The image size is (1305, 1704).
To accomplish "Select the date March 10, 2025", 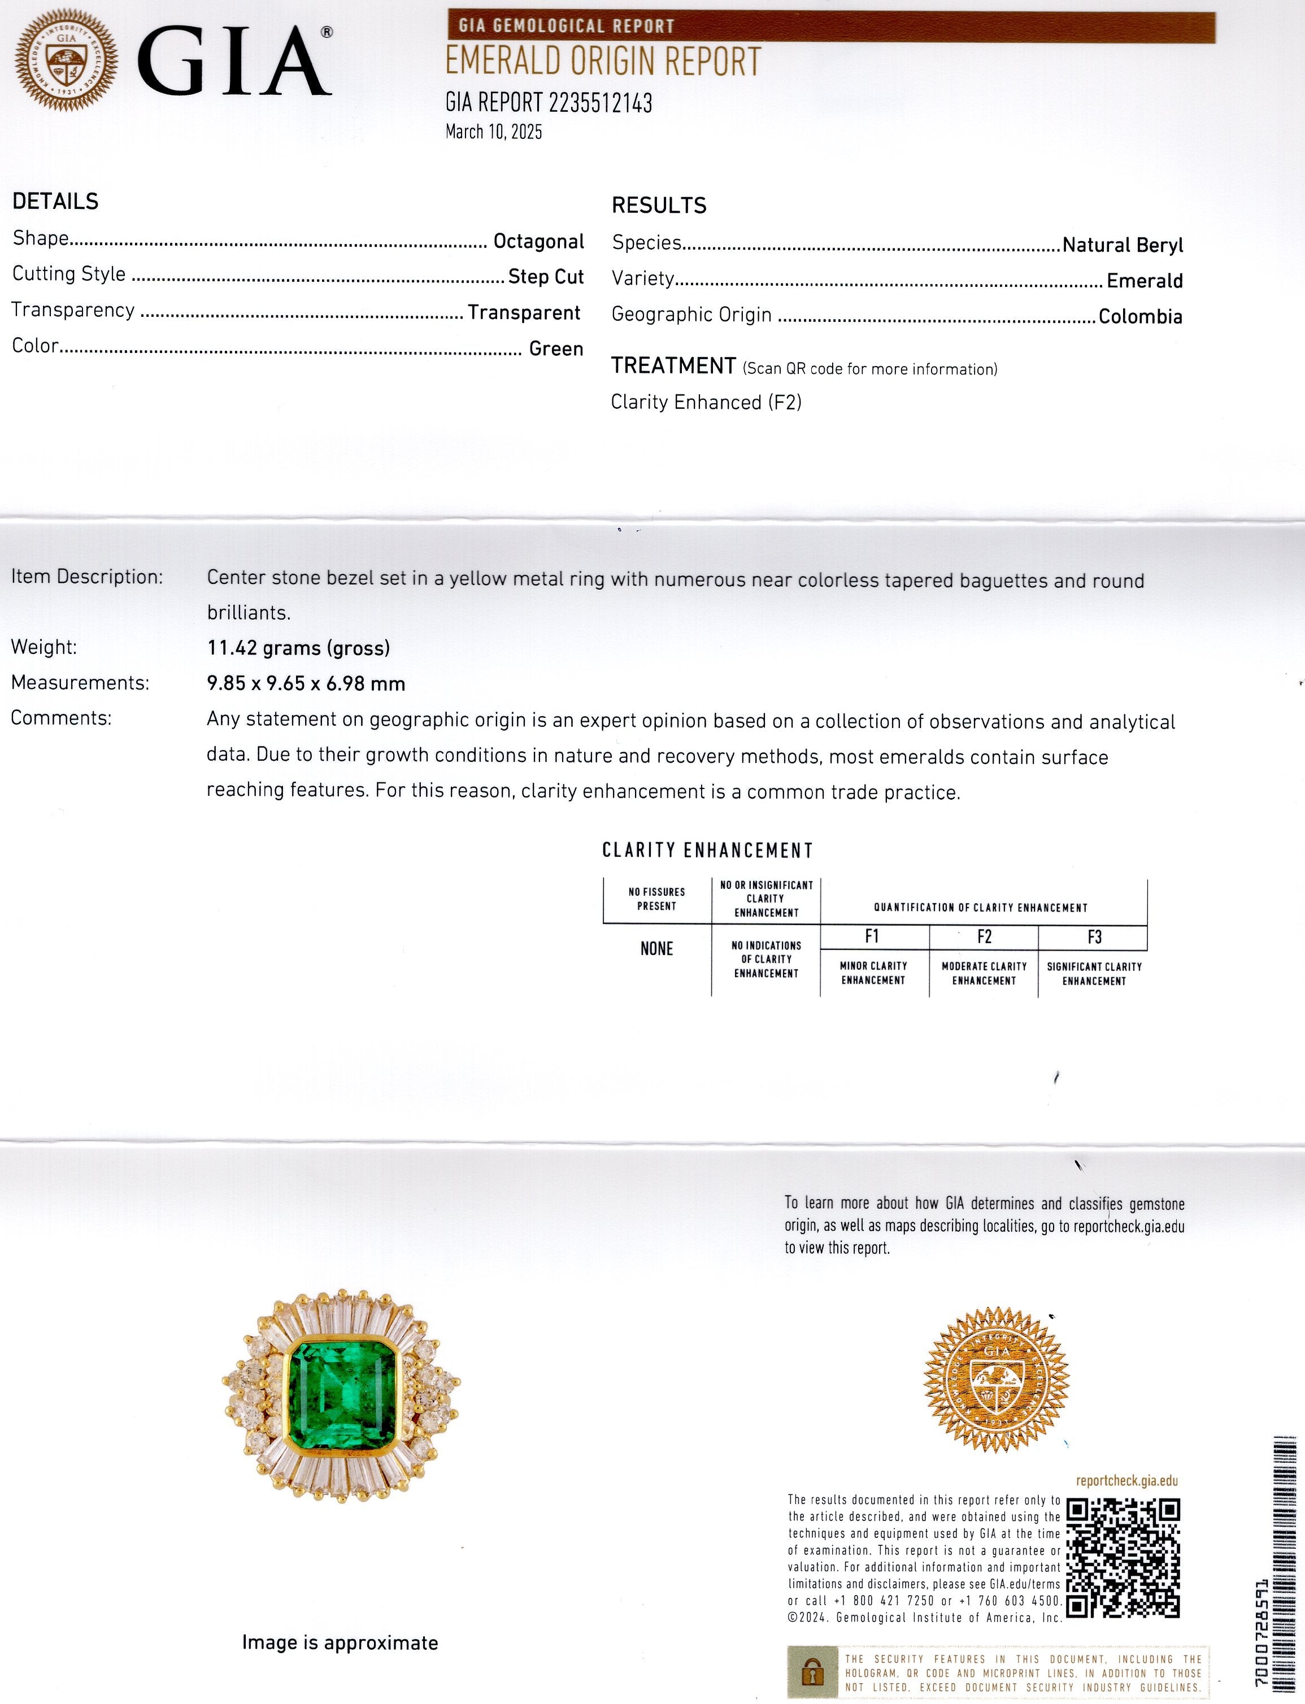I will click(493, 131).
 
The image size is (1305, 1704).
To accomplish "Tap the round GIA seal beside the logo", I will click(67, 60).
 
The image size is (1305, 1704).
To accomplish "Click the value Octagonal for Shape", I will click(538, 242).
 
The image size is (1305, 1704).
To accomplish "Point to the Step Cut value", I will click(545, 277).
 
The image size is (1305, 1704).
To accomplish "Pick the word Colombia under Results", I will click(1139, 316).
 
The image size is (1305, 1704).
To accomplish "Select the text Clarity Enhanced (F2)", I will click(706, 402).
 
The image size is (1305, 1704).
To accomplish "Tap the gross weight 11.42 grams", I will click(298, 648).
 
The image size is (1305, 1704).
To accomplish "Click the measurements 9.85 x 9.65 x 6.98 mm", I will click(306, 683).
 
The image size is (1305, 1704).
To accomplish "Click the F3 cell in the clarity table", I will click(1094, 936).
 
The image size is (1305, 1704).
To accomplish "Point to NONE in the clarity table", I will click(656, 948).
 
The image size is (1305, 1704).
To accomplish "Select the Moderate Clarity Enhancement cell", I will click(984, 973).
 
